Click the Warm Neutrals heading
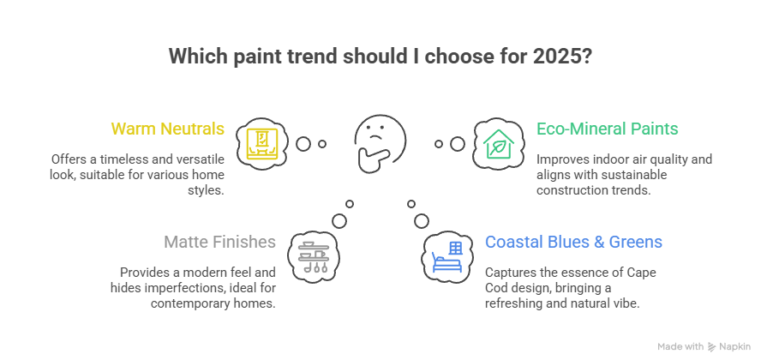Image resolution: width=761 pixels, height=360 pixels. coord(168,129)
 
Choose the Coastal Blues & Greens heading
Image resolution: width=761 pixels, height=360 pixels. coord(573,243)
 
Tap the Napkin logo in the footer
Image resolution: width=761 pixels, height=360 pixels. coord(731,346)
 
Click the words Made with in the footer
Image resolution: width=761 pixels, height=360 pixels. coord(681,346)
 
